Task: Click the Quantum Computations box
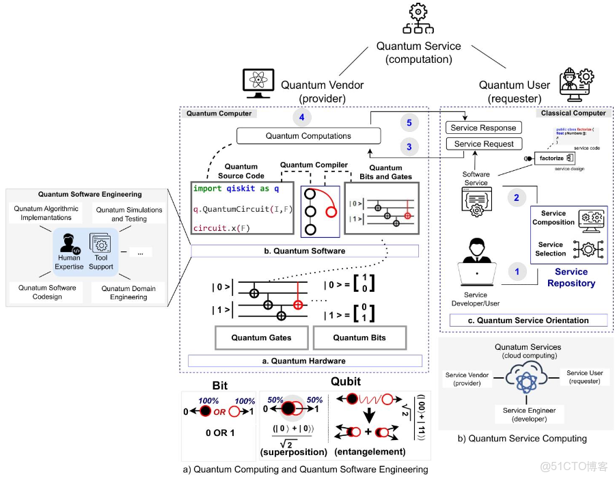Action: (x=308, y=136)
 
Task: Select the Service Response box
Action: (x=484, y=128)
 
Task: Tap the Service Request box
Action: (x=484, y=143)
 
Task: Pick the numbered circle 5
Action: (x=409, y=123)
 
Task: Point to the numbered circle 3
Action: (x=409, y=146)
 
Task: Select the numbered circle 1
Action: (x=517, y=271)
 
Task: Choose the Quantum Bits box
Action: (x=359, y=338)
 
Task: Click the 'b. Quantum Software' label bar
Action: (x=304, y=251)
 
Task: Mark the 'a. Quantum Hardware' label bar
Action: (x=305, y=361)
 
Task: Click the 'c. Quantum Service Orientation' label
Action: (x=528, y=320)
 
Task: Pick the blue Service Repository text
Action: (x=571, y=277)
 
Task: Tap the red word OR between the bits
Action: (x=219, y=412)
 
